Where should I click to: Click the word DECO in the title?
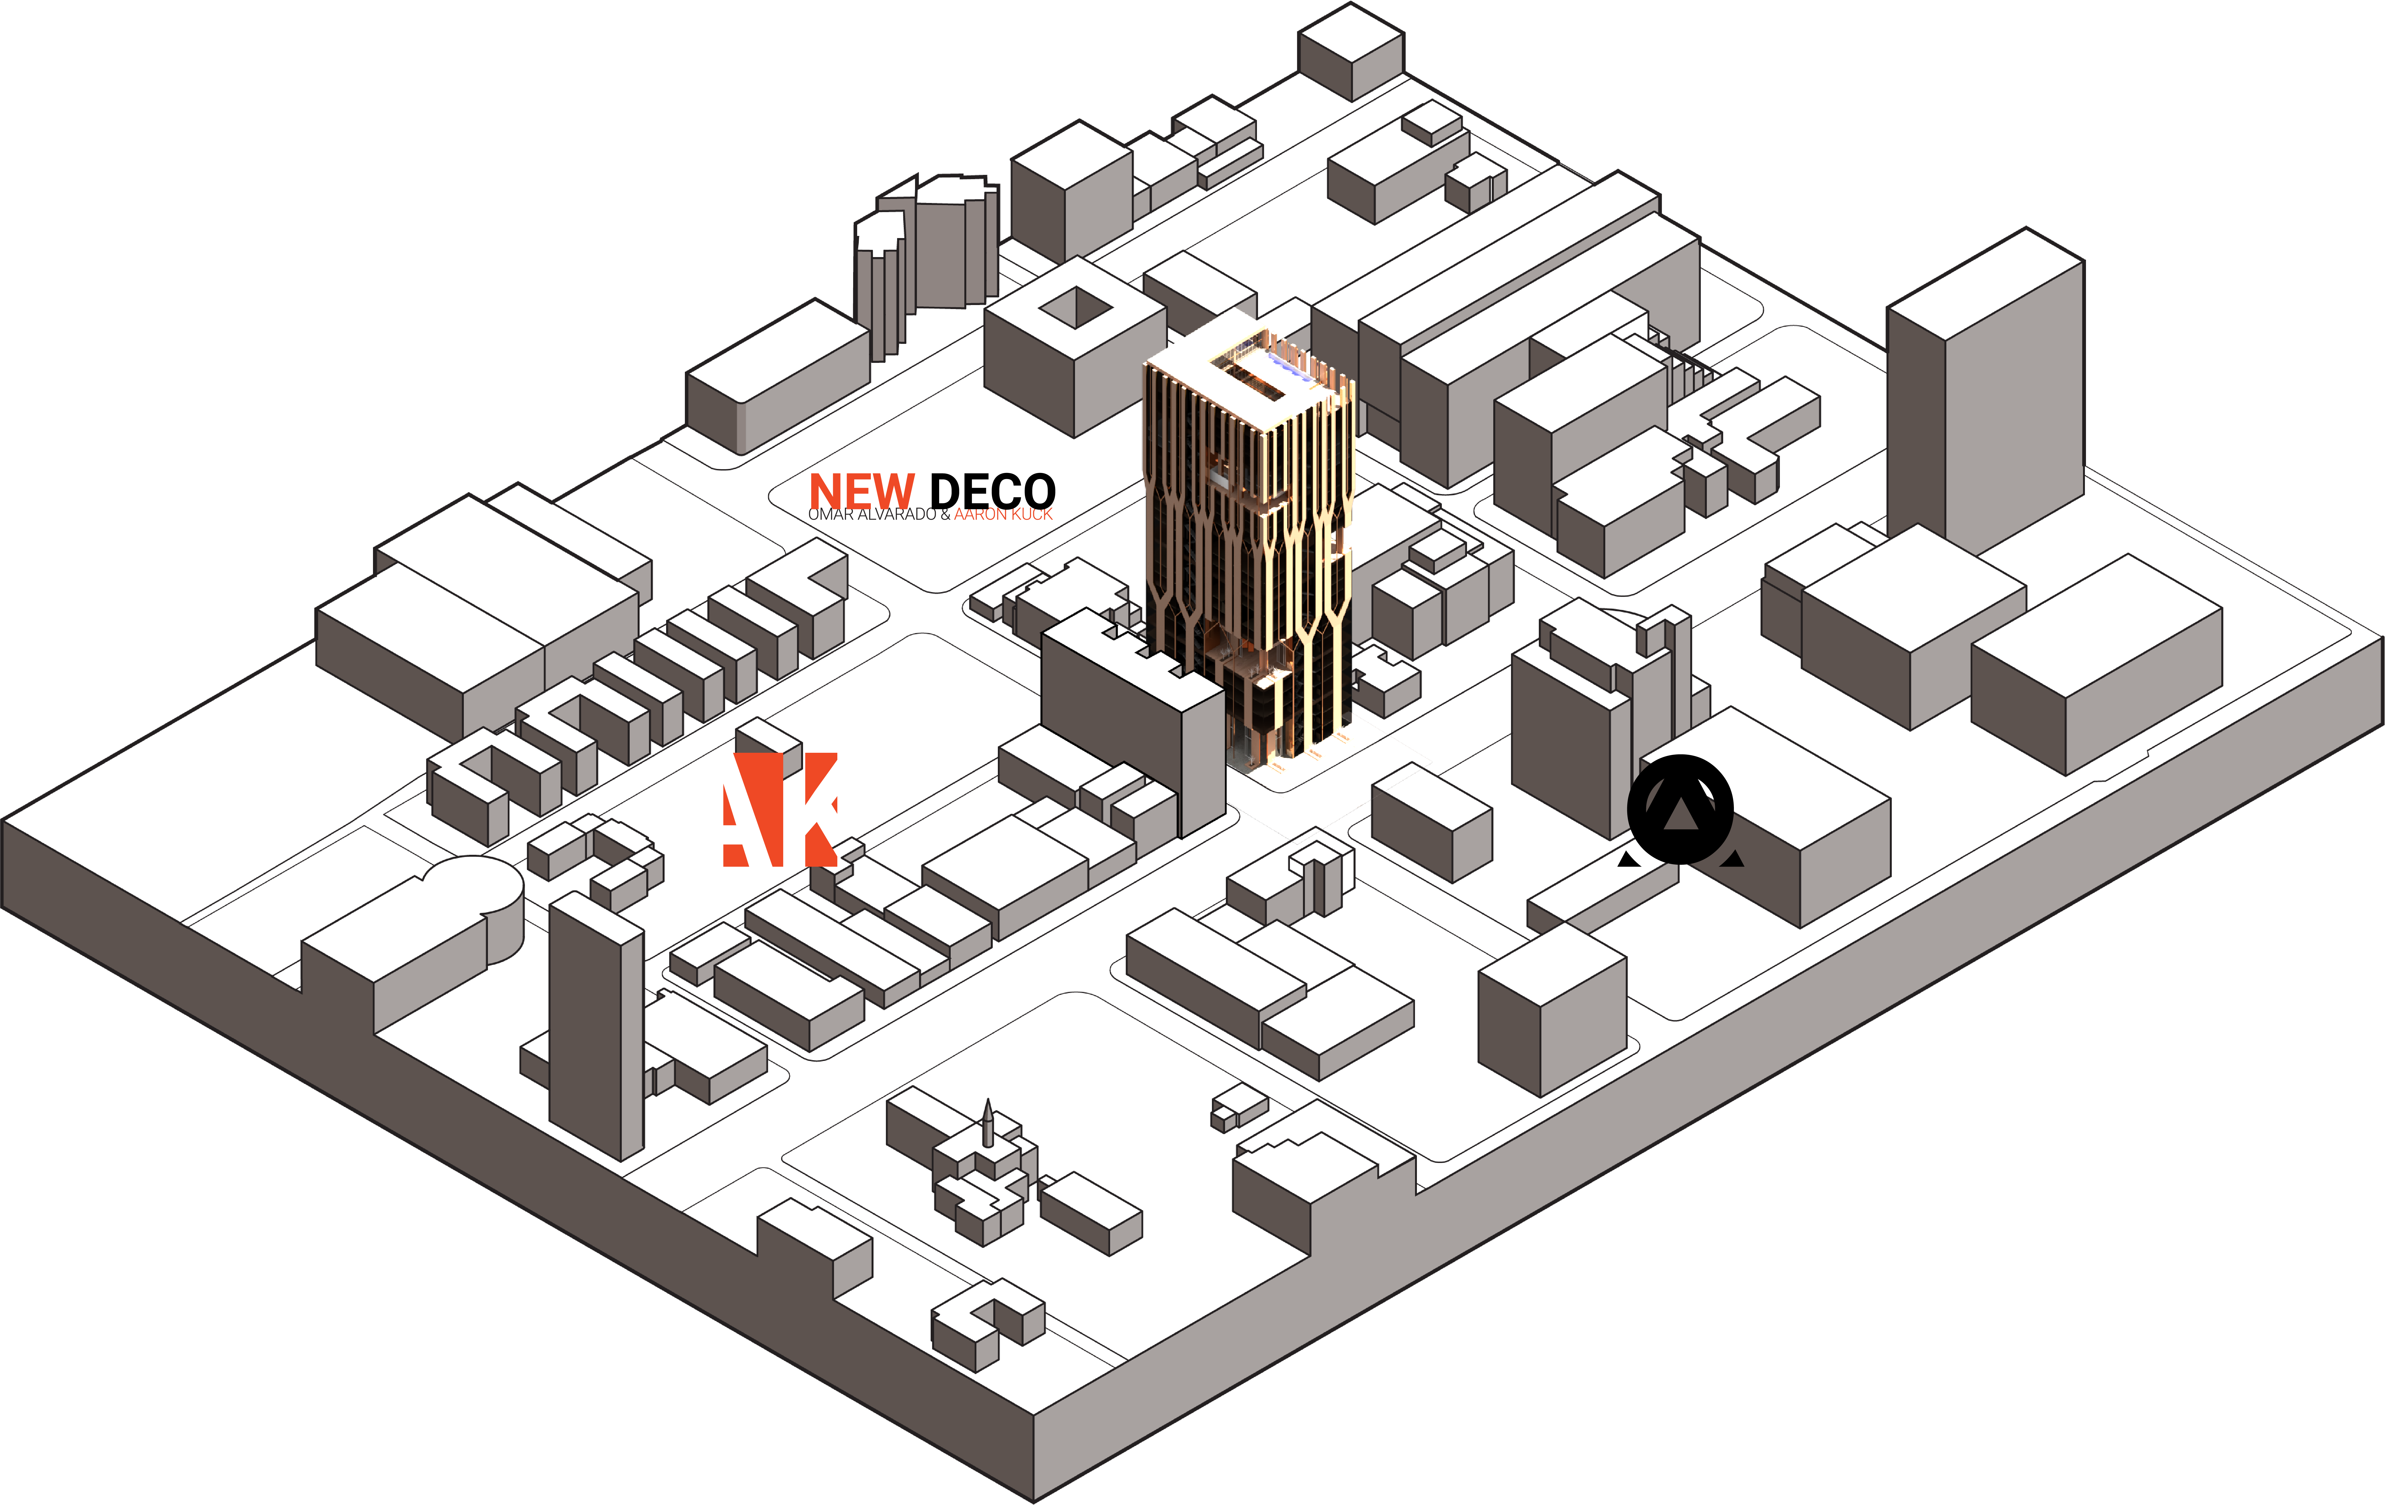click(992, 491)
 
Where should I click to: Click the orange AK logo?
click(781, 810)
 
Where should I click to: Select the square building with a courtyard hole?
click(1075, 347)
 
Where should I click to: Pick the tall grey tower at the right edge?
click(1986, 396)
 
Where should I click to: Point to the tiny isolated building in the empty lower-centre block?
click(1238, 1107)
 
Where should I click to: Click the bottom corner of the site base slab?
click(1034, 1501)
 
